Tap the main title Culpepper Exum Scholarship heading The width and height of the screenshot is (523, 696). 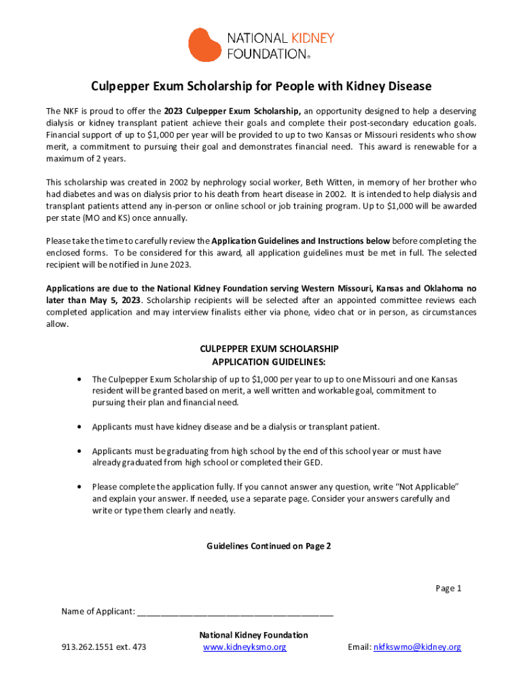coord(261,86)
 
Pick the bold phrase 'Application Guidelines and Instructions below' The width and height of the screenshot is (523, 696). coord(301,241)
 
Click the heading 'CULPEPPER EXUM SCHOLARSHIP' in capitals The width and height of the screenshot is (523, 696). coord(269,349)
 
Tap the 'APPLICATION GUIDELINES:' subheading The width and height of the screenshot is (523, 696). coord(269,361)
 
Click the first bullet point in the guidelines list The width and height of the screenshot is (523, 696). coord(81,379)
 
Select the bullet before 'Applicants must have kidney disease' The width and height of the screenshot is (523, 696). coord(81,427)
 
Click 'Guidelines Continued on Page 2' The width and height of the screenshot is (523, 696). coord(269,546)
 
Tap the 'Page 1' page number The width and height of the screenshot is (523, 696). coord(448,588)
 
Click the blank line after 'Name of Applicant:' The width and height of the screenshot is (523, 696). coord(235,612)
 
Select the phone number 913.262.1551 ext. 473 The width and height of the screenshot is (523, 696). coord(103,647)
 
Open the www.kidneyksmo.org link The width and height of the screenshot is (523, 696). coord(245,647)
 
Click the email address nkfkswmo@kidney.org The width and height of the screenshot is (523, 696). coord(417,647)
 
